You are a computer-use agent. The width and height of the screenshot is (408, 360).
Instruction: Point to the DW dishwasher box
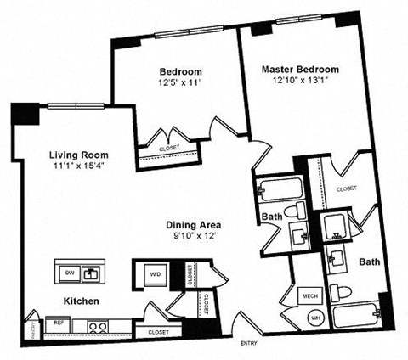point(70,273)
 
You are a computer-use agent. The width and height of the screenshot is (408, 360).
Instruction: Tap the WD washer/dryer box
point(153,275)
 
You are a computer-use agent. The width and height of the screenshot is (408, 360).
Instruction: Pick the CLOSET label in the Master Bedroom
point(345,188)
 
